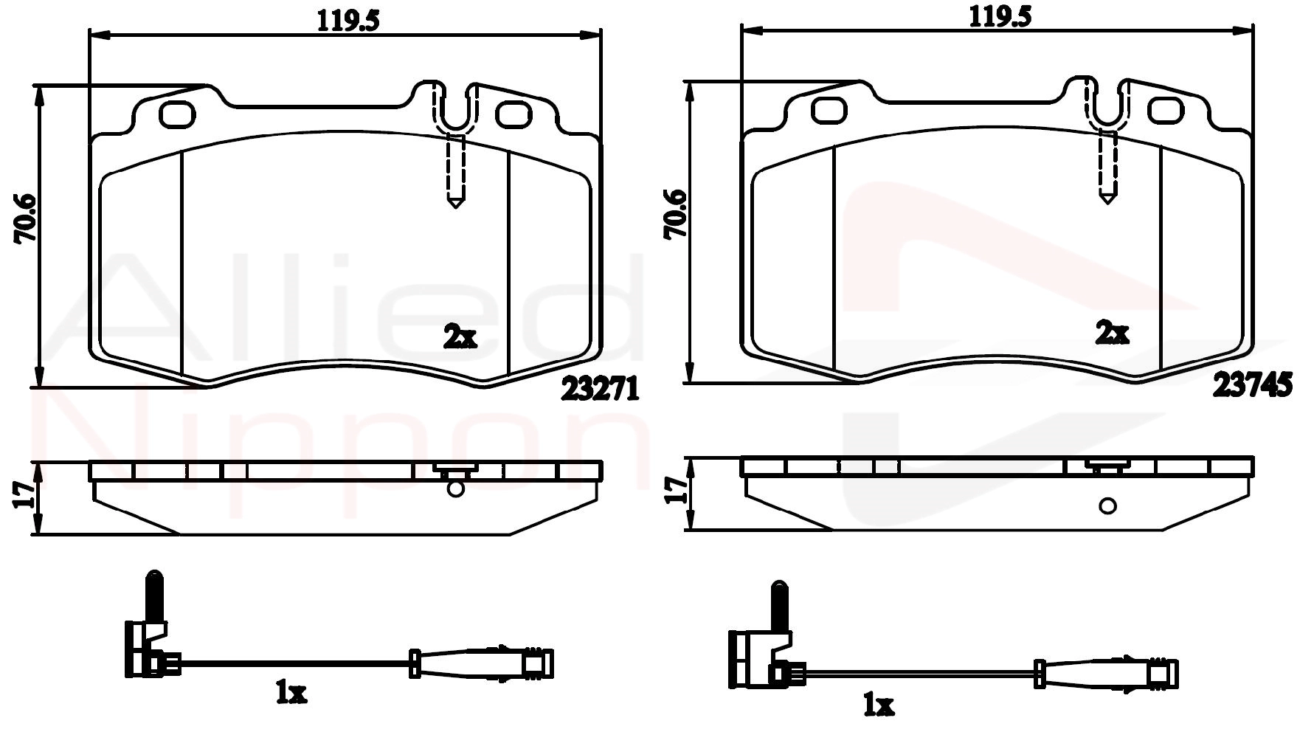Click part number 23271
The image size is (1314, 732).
(x=599, y=389)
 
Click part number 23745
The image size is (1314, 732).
(x=1252, y=385)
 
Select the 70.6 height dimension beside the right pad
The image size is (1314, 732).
(x=675, y=214)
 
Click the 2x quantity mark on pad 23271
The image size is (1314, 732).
(x=460, y=338)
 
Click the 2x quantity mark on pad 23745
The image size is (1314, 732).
(x=1112, y=334)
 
